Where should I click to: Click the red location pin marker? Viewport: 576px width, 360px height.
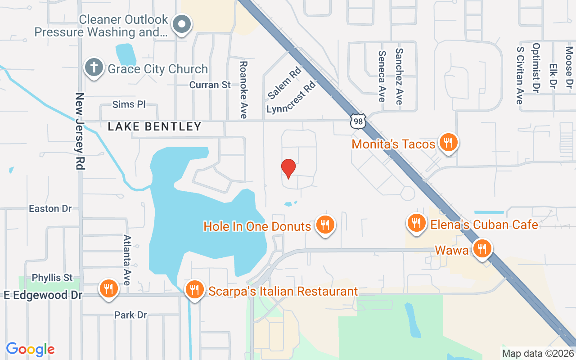pos(288,168)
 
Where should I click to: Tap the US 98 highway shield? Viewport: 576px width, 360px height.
pos(359,121)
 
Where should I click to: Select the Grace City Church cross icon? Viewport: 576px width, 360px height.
pos(94,67)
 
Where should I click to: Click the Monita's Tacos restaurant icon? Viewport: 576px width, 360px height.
pos(448,143)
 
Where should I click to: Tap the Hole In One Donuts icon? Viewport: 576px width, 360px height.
pos(324,225)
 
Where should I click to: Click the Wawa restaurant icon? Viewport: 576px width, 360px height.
pos(482,248)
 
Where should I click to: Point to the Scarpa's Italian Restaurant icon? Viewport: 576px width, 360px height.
pos(194,289)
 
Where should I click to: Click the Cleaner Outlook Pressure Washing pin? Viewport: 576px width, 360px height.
pos(183,25)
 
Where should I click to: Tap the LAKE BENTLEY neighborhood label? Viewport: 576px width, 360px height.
pos(154,127)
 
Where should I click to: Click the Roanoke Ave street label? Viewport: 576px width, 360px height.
pos(243,90)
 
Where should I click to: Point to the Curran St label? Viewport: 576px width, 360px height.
pos(210,85)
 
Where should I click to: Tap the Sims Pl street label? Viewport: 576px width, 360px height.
pos(129,104)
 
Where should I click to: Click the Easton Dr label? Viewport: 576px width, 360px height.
pos(50,208)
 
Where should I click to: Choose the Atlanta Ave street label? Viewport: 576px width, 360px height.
pos(127,260)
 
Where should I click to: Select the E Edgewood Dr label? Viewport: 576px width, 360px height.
pos(43,295)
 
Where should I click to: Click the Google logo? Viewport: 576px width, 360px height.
pos(30,349)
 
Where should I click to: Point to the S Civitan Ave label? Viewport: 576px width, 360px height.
pos(520,75)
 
